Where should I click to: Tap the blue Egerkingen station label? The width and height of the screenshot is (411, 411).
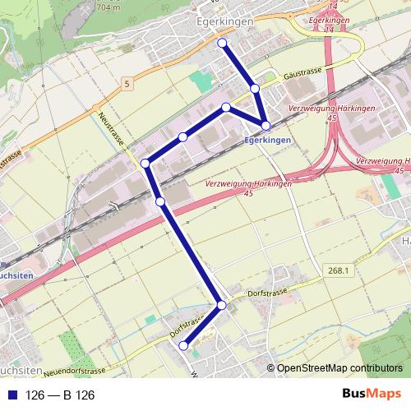click(268, 141)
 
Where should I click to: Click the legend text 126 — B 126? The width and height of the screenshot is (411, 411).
click(61, 395)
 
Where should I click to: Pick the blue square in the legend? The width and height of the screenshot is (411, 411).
click(12, 395)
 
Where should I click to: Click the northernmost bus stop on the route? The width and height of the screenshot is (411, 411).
click(222, 42)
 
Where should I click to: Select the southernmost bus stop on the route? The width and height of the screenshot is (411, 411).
click(183, 346)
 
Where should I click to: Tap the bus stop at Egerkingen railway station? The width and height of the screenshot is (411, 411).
click(266, 125)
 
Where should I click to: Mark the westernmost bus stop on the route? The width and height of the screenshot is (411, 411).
click(145, 163)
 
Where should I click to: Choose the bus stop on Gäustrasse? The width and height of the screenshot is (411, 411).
click(256, 87)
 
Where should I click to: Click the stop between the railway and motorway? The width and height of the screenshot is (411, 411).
click(160, 201)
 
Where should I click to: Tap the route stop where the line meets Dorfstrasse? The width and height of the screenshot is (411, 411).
click(222, 305)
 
